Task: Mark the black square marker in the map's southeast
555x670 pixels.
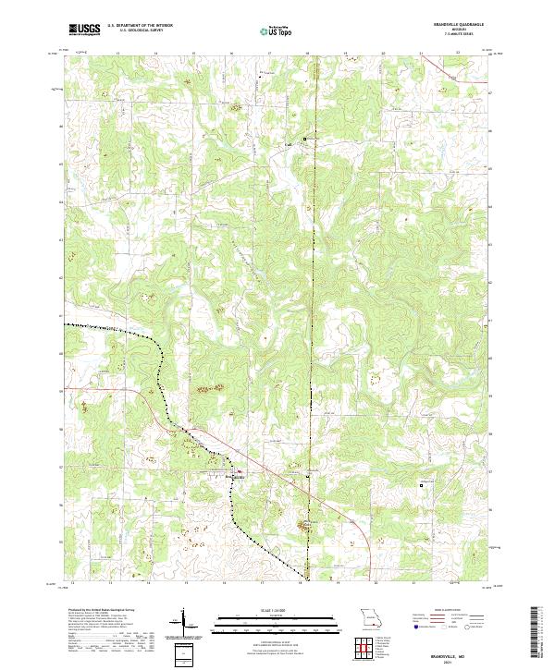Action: point(424,483)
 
